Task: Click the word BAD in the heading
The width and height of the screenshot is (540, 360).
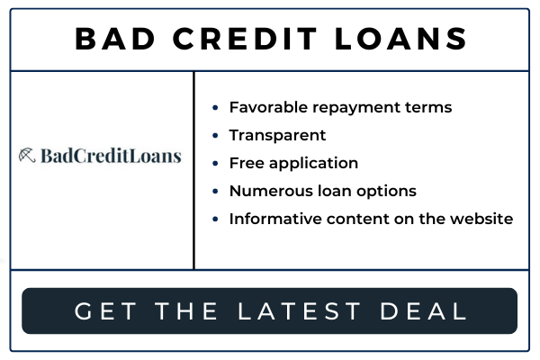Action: coord(115,39)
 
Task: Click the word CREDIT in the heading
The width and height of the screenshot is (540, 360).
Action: coord(245,39)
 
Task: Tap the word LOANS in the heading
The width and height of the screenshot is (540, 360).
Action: coord(400,39)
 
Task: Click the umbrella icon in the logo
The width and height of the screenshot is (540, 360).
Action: coord(27,155)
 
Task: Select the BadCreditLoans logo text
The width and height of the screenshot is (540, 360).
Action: coord(111,156)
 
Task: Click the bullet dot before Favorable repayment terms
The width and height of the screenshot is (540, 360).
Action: coord(215,107)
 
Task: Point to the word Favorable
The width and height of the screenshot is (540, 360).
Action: coord(268,107)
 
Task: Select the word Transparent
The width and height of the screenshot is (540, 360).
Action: coord(277,135)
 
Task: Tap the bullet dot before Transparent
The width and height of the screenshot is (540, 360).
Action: coord(215,135)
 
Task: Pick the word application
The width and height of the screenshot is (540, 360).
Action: coord(313,164)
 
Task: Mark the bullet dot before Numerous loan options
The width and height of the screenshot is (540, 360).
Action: coord(215,191)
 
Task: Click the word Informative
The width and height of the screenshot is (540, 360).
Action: coord(275,219)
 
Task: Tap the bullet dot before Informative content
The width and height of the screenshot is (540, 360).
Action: coord(215,219)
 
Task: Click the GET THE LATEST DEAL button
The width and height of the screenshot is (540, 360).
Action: coord(269,310)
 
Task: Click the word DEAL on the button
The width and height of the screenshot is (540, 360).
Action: coord(423,311)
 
